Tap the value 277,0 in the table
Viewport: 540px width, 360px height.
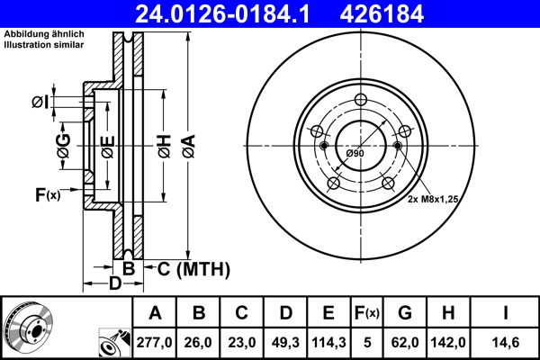155,342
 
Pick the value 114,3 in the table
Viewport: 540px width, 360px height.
329,342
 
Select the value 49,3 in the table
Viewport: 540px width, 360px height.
285,342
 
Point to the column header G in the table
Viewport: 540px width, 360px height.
405,313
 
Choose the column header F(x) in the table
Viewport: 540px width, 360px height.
367,313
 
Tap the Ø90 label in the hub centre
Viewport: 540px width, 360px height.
355,154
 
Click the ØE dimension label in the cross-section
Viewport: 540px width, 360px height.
107,144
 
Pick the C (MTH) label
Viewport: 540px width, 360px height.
193,269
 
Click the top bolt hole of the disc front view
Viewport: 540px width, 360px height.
360,100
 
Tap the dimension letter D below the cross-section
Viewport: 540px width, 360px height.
114,284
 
